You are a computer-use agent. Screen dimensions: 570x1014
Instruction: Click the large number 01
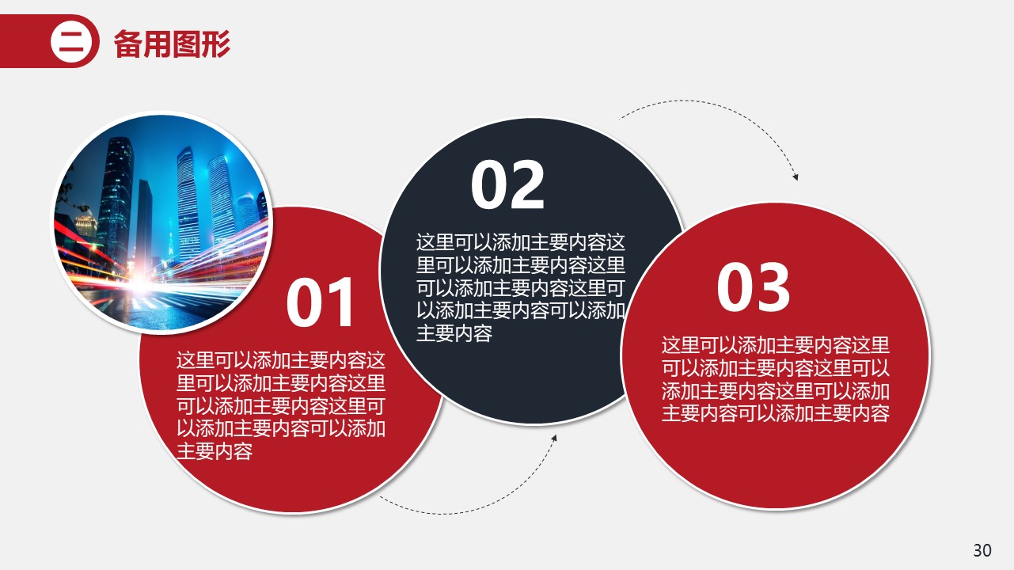pos(321,304)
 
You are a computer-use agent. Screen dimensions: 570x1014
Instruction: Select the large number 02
pos(507,186)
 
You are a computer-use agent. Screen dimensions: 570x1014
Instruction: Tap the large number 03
pos(753,288)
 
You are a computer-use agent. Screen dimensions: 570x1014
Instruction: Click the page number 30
pos(982,550)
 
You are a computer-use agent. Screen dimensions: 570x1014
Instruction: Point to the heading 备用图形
pos(172,44)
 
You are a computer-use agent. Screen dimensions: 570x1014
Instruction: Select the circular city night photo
pos(161,221)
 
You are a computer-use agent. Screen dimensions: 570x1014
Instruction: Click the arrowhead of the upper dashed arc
pos(796,177)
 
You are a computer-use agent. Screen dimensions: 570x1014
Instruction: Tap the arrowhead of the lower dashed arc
pos(554,437)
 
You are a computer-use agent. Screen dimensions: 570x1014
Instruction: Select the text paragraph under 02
pos(521,287)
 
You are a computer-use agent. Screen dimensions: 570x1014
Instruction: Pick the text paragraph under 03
pos(776,378)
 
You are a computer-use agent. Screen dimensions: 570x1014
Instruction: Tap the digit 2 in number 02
pos(528,186)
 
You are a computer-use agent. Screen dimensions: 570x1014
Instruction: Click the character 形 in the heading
pos(216,44)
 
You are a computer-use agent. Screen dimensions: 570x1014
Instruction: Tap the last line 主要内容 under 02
pos(454,333)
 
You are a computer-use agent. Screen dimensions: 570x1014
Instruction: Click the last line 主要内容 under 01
pos(215,452)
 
